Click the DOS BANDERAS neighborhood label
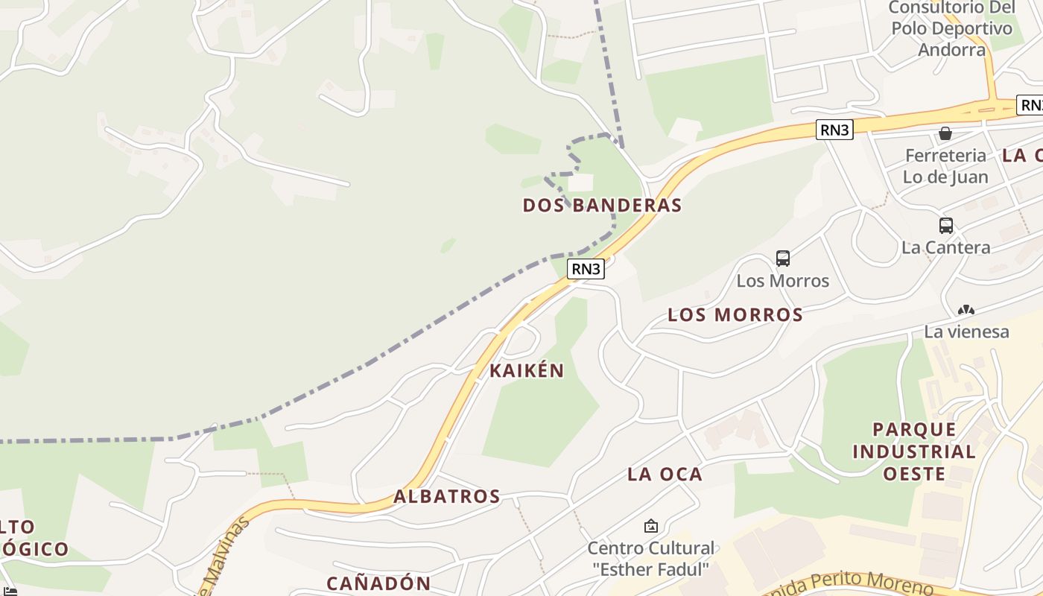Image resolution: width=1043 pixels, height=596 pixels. tap(602, 205)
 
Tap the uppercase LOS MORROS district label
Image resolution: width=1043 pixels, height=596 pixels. tap(735, 314)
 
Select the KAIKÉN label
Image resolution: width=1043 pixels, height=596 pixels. tap(526, 370)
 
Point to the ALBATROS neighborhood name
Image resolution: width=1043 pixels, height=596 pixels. tap(446, 496)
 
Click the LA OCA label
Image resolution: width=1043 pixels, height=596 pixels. tap(665, 474)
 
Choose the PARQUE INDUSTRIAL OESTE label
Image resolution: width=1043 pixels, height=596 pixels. tap(913, 451)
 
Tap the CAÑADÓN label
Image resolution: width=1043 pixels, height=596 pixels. tap(378, 583)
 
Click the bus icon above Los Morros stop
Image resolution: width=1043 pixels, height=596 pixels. tap(782, 259)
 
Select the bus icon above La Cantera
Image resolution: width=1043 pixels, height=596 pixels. tap(945, 225)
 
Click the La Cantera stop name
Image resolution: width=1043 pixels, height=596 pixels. tap(945, 247)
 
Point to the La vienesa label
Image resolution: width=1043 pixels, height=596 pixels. tap(966, 332)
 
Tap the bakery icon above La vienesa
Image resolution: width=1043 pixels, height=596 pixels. tap(966, 310)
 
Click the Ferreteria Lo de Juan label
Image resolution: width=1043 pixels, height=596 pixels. tap(945, 166)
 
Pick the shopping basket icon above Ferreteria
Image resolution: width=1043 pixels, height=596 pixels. tap(945, 133)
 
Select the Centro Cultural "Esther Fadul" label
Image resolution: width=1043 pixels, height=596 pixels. tap(650, 559)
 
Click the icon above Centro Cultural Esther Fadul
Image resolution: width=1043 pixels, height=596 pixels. tap(650, 526)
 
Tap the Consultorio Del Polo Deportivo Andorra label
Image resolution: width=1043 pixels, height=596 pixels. tap(951, 28)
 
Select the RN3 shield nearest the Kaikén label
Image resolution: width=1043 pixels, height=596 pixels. tap(585, 269)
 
